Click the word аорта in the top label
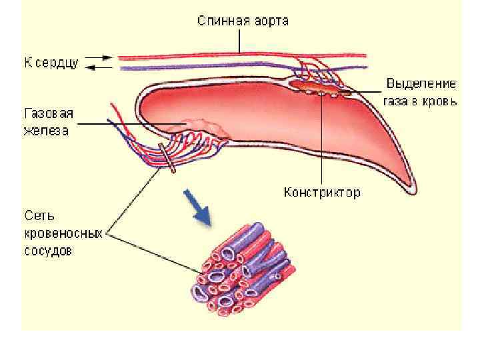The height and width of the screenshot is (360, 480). [x=271, y=21]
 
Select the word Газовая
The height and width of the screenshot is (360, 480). [x=47, y=114]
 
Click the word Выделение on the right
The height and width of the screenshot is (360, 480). [x=421, y=85]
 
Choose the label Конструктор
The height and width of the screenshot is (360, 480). [x=322, y=193]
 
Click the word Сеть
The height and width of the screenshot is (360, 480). [x=39, y=217]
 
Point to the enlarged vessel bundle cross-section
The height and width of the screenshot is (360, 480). [x=237, y=270]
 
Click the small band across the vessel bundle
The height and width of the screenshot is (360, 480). [x=169, y=159]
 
